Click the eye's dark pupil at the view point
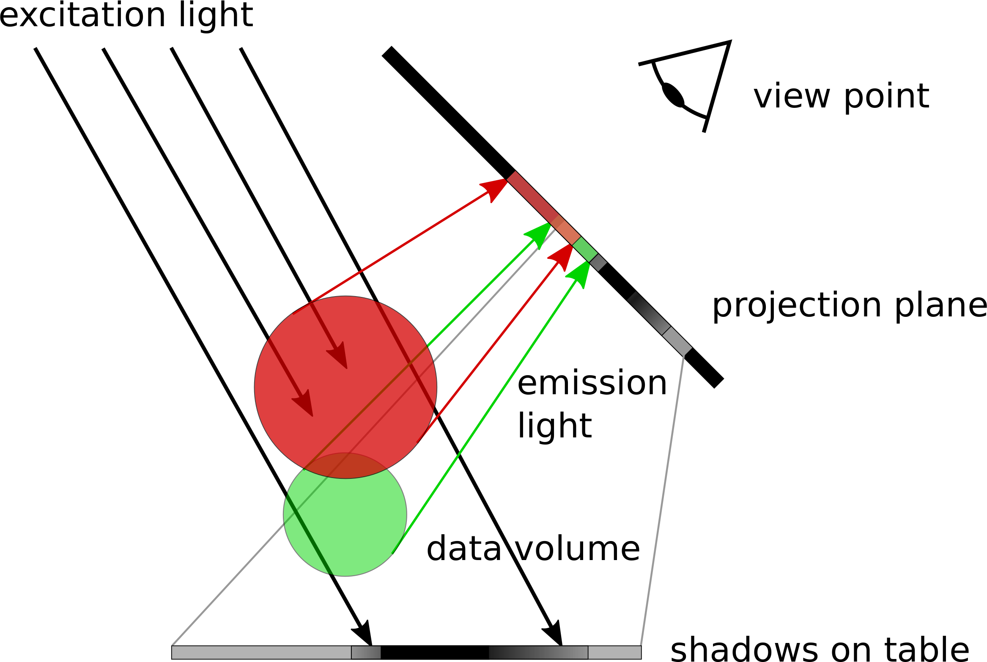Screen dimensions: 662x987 click(673, 95)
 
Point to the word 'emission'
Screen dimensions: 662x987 click(592, 383)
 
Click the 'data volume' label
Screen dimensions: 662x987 click(533, 549)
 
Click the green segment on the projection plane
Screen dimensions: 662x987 click(585, 250)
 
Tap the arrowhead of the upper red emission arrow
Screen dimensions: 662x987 click(495, 189)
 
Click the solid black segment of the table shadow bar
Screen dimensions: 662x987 click(435, 652)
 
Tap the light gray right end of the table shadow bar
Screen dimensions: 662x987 click(614, 652)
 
